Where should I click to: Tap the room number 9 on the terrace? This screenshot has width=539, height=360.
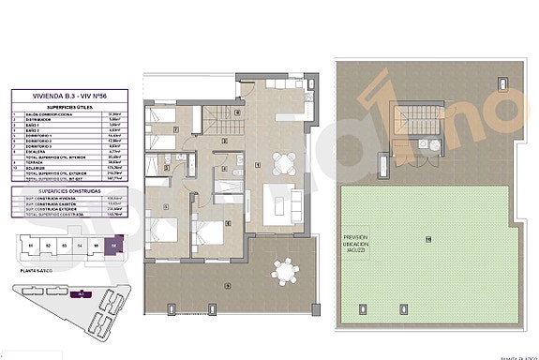pyautogui.click(x=228, y=284)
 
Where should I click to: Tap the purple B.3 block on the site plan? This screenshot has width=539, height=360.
pyautogui.click(x=82, y=294)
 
